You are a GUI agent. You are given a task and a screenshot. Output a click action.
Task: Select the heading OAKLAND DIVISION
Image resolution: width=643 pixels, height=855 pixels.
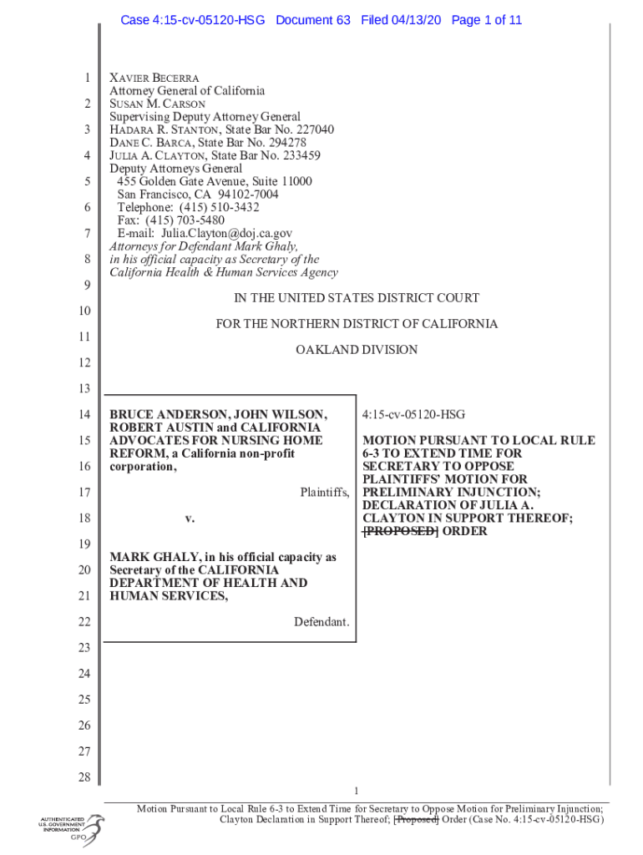coord(357,350)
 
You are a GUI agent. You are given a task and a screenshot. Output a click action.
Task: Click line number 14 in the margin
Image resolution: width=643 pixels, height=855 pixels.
coord(84,415)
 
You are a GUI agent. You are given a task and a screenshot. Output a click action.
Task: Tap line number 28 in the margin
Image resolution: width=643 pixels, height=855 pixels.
coord(84,778)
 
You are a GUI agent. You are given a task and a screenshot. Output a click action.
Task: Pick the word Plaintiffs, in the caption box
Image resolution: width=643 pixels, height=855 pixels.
coord(325,493)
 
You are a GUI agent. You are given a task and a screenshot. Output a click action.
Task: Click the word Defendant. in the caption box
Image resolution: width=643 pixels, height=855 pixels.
coord(321,622)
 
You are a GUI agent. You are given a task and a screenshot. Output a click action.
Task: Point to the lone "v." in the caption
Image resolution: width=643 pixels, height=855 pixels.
coord(190,519)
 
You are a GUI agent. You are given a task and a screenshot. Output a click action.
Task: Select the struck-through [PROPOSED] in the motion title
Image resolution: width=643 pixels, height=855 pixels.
coord(399,531)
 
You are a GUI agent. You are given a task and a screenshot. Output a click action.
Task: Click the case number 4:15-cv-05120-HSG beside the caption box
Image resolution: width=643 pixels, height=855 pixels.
coord(413,415)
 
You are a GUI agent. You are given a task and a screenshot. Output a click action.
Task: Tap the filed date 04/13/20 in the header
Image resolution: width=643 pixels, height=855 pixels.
coord(418,20)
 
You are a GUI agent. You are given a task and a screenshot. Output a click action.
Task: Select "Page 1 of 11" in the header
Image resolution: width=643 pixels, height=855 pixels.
coord(486,20)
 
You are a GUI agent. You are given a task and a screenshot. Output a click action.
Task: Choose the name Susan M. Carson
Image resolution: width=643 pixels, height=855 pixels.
coord(157,104)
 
